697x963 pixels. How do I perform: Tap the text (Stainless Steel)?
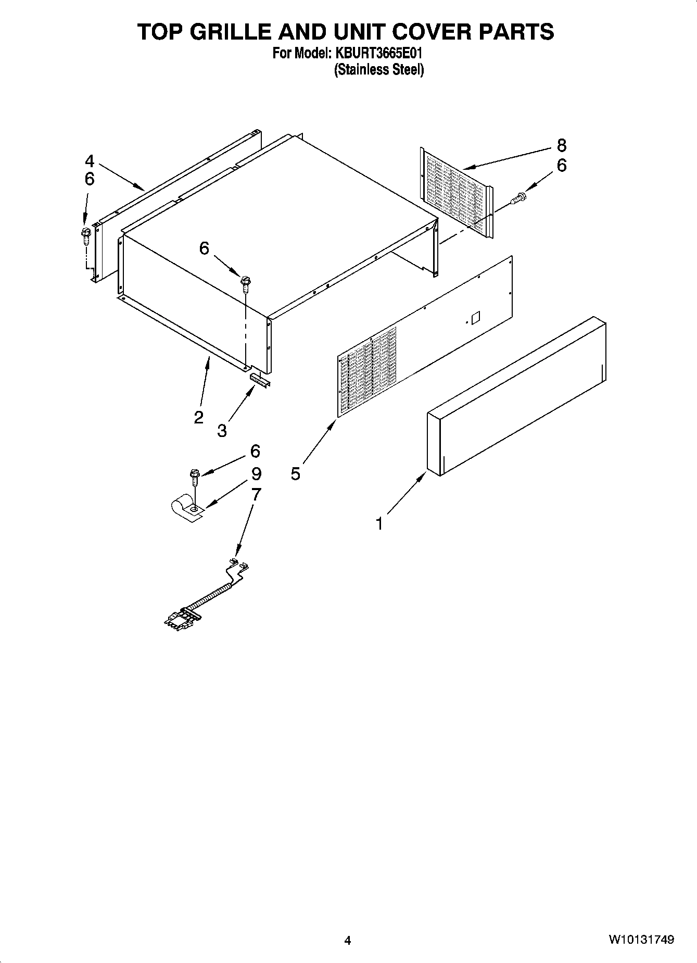coord(378,69)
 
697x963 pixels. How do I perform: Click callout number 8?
coord(561,145)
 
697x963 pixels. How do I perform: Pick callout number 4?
coord(90,161)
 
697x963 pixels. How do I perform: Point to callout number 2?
coord(198,417)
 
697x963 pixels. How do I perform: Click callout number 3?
coord(222,431)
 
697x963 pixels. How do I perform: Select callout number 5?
coord(296,473)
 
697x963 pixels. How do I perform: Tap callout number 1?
coord(380,523)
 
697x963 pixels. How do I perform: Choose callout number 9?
coord(256,473)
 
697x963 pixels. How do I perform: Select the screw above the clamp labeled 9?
coord(195,475)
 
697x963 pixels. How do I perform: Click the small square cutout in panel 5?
coord(475,317)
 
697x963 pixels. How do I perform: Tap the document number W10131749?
coord(641,940)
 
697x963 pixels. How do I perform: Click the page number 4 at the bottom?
coord(348,940)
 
